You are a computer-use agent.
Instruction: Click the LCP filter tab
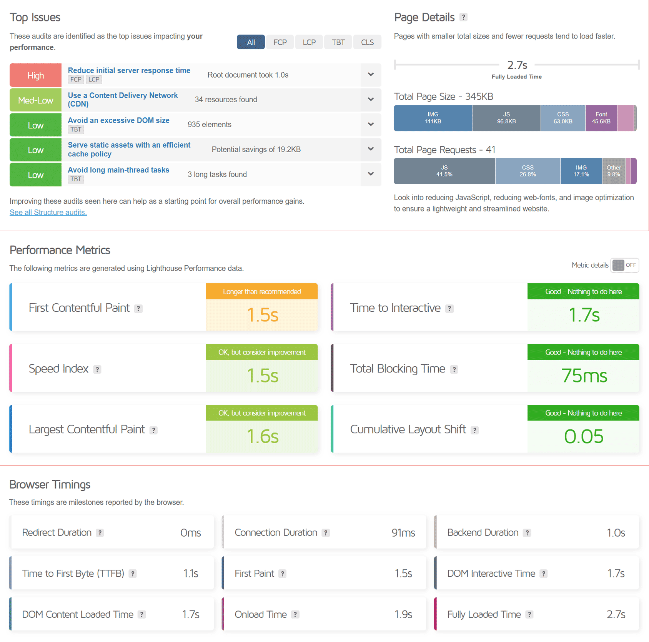[309, 42]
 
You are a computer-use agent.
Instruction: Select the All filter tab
[251, 42]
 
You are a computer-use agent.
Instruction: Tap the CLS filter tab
[367, 42]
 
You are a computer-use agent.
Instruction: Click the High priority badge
[35, 75]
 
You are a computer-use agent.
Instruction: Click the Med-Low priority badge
[35, 100]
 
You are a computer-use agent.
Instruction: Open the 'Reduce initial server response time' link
[129, 70]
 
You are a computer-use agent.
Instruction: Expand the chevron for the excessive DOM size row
[371, 124]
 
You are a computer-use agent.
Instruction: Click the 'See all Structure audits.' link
[48, 212]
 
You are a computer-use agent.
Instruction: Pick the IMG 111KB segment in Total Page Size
[433, 118]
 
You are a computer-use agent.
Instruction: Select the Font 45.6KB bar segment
[601, 118]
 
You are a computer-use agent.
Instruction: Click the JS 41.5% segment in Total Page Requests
[444, 171]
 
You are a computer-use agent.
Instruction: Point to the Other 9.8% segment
[614, 171]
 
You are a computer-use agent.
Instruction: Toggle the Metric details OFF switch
[625, 265]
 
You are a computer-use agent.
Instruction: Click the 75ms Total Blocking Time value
[584, 376]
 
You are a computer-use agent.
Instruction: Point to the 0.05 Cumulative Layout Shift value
[584, 436]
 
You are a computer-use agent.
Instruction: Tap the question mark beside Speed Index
[97, 369]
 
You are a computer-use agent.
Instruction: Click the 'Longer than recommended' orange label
[262, 291]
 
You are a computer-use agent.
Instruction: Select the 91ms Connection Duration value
[403, 533]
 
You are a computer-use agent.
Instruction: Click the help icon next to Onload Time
[295, 614]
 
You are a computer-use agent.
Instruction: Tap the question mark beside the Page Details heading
[464, 17]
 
